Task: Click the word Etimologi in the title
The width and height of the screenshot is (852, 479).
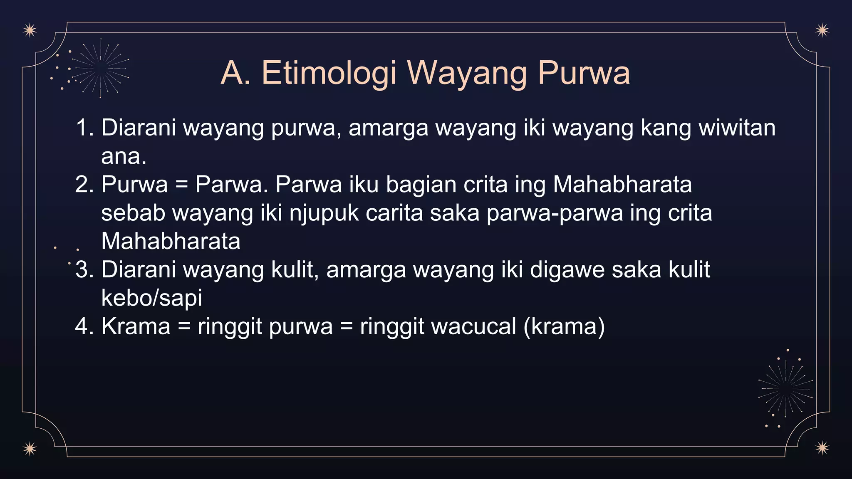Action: (329, 74)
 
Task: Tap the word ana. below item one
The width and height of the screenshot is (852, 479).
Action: (124, 156)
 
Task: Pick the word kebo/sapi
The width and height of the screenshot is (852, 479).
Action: (151, 298)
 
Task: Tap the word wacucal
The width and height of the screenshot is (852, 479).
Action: (438, 326)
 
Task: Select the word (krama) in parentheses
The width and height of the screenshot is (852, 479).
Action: (564, 326)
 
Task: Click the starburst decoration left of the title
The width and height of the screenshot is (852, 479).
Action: (100, 68)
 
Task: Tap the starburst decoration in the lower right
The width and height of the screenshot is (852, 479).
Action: (785, 389)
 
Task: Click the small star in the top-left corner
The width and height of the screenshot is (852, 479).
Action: (30, 30)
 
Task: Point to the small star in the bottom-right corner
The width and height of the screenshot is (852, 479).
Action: (822, 448)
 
